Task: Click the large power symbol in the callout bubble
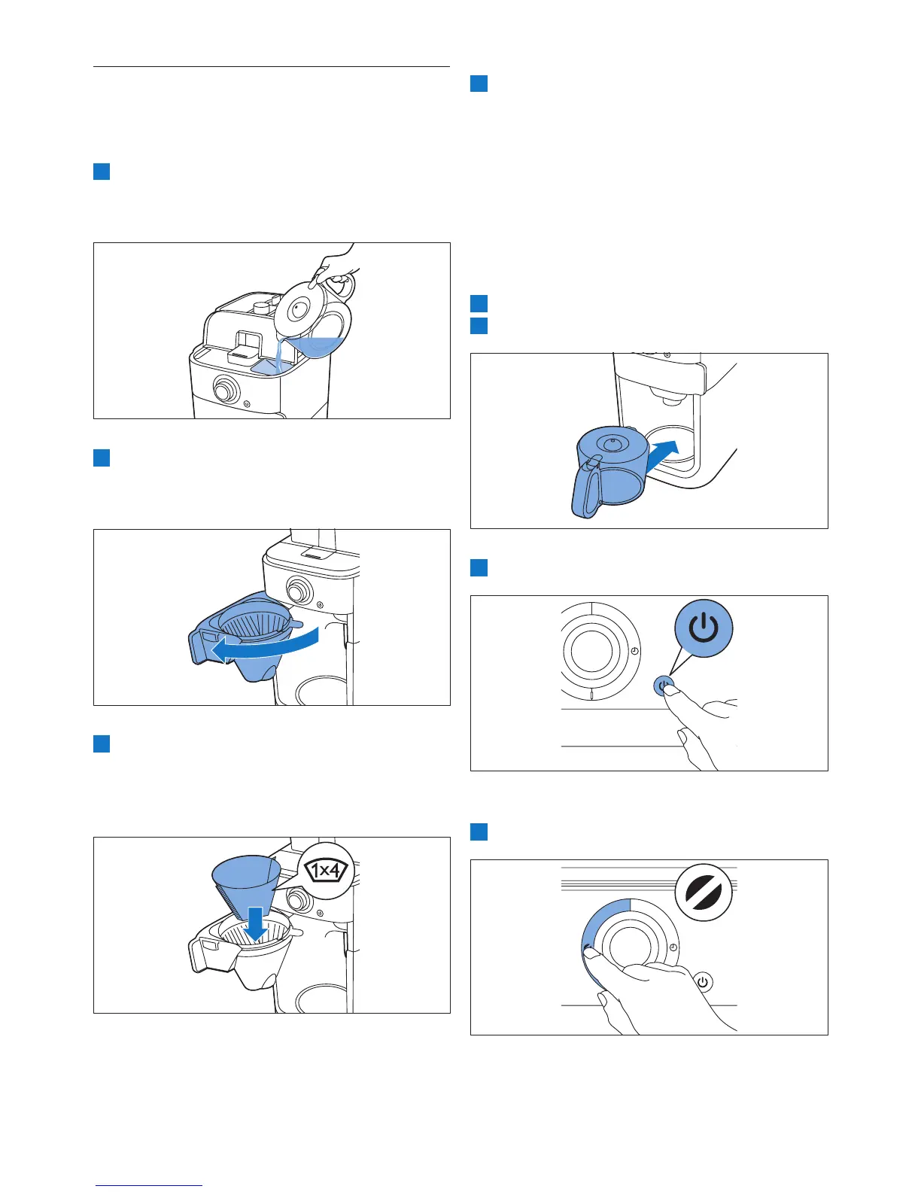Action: (x=704, y=628)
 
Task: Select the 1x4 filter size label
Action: (x=327, y=871)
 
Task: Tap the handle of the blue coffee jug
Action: (x=587, y=488)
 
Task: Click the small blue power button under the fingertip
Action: (x=663, y=686)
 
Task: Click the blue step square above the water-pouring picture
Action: (x=102, y=172)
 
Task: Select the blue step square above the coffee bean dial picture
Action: (x=479, y=832)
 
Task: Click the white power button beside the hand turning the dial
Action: (x=704, y=981)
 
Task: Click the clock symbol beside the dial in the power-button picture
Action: (x=634, y=651)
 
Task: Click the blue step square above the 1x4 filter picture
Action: (x=102, y=743)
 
